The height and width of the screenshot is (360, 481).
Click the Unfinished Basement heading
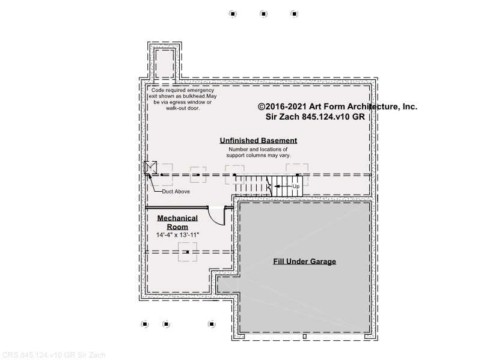pyautogui.click(x=259, y=141)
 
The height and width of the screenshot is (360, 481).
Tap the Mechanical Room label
pyautogui.click(x=177, y=222)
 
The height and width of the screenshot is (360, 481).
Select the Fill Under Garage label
pyautogui.click(x=305, y=261)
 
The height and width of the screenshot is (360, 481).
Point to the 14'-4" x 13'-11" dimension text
pyautogui.click(x=177, y=235)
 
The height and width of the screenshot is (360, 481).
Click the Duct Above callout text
pyautogui.click(x=176, y=191)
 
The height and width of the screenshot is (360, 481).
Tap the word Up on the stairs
pyautogui.click(x=296, y=186)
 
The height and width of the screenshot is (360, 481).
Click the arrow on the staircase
pyautogui.click(x=283, y=186)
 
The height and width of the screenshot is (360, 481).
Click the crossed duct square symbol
pyautogui.click(x=150, y=168)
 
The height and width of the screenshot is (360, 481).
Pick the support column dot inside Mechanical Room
pyautogui.click(x=188, y=252)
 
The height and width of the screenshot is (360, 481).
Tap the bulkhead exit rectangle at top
pyautogui.click(x=165, y=64)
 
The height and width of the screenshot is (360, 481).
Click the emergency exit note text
pyautogui.click(x=183, y=99)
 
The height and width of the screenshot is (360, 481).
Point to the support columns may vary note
pyautogui.click(x=259, y=153)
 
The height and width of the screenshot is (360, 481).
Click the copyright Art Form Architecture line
pyautogui.click(x=337, y=106)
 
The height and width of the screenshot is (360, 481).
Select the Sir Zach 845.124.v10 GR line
pyautogui.click(x=315, y=117)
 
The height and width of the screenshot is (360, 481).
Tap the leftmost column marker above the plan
pyautogui.click(x=233, y=14)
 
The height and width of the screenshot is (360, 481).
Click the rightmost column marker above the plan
pyautogui.click(x=295, y=14)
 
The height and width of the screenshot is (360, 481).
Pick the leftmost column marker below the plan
pyautogui.click(x=145, y=324)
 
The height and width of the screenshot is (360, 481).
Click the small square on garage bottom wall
pyautogui.click(x=305, y=337)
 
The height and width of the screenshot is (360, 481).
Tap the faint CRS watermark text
pyautogui.click(x=54, y=355)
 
